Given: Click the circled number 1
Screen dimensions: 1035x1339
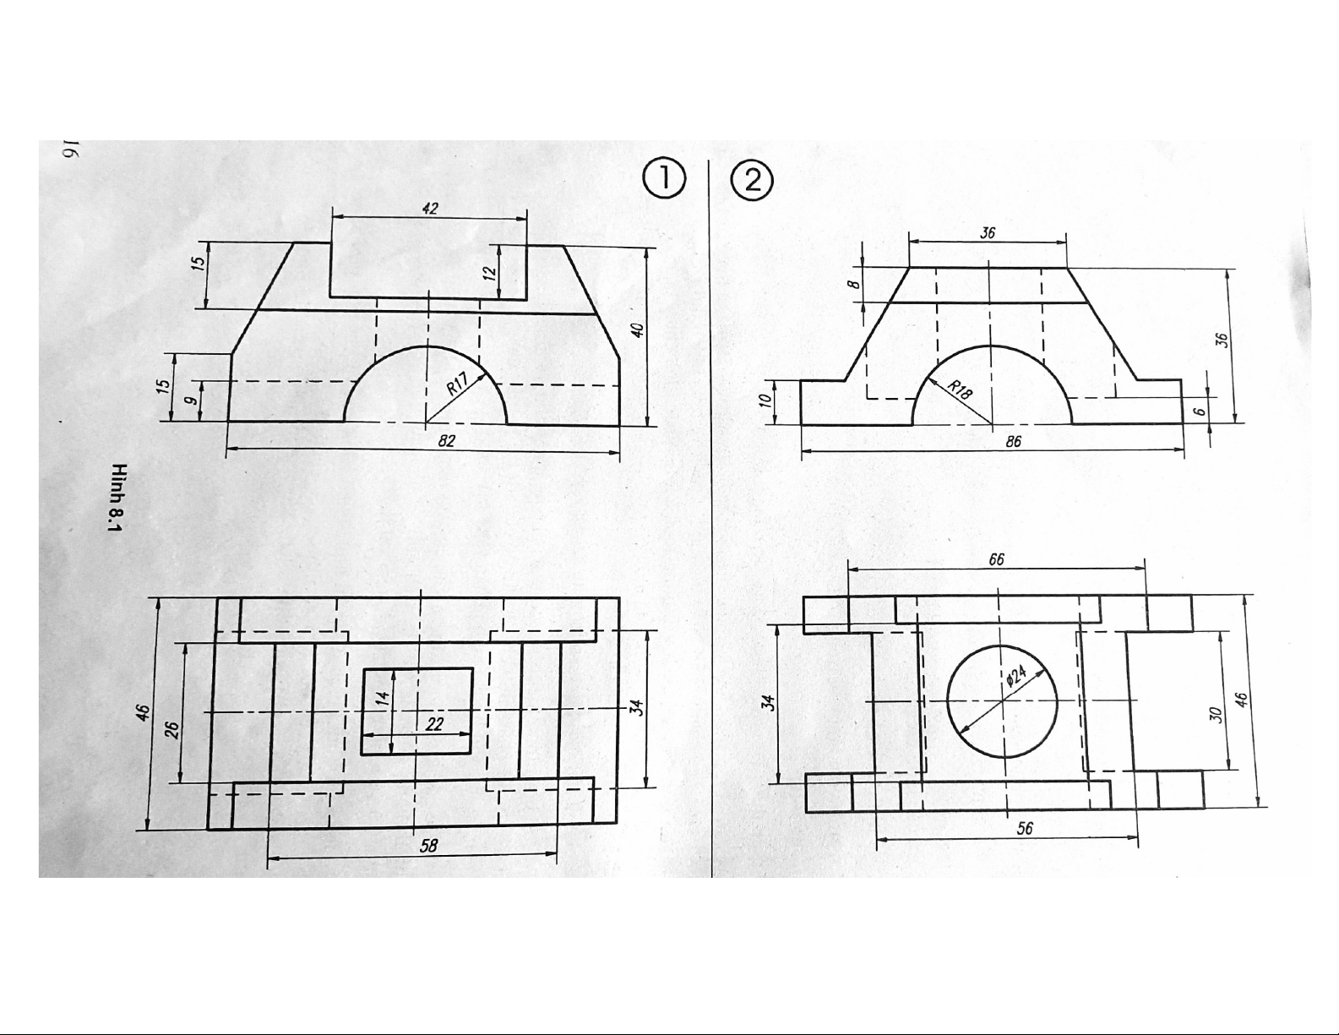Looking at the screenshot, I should coord(664,180).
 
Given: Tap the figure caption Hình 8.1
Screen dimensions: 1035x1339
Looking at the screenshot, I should coord(117,498).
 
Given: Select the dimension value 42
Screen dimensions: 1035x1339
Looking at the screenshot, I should coord(430,208).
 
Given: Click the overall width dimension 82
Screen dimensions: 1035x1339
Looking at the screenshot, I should coord(447,441).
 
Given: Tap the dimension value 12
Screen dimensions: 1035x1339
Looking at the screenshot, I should coord(489,272).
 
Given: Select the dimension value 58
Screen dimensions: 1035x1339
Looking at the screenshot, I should coord(429,845).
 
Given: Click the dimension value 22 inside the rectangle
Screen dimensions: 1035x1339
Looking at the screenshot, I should coord(435,724).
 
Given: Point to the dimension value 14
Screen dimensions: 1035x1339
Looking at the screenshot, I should coord(383,699).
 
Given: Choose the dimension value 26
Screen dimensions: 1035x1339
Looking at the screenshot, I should coord(171,729).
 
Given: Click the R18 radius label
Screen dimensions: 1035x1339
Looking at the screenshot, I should coord(960,389).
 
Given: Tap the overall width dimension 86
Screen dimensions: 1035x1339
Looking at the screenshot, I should coord(1015,441).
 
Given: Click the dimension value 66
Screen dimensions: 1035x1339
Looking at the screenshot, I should coord(997,560).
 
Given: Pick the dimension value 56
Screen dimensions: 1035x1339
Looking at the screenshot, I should coord(1024,829).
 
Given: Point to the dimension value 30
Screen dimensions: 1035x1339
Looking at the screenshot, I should coord(1216,715).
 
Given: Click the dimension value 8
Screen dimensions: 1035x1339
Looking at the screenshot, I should coord(854,286).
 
